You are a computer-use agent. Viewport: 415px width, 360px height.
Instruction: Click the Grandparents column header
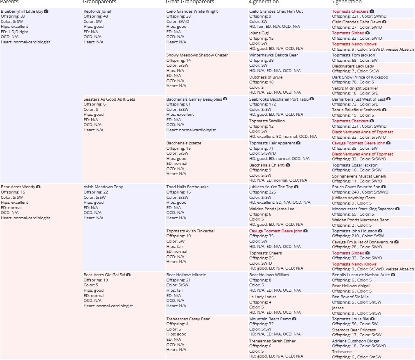coord(99,2)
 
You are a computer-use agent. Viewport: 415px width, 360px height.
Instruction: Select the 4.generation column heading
coord(264,2)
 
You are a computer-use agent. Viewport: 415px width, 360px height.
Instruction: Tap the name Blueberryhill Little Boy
coord(22,11)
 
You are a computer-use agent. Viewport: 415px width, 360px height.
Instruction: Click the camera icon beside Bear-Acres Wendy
coord(38,187)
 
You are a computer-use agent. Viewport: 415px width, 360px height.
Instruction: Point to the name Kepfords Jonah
coord(98,11)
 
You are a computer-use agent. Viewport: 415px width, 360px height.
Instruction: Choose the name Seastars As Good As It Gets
coord(109,99)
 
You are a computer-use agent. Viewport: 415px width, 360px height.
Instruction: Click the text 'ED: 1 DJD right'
coord(15,32)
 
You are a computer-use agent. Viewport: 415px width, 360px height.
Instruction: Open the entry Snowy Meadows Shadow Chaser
coord(197,55)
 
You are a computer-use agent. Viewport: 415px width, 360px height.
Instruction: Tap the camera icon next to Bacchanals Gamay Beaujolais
coord(225,99)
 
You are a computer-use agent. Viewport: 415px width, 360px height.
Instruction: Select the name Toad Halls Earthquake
coord(187,187)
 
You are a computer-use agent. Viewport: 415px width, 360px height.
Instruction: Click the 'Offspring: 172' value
coord(263,104)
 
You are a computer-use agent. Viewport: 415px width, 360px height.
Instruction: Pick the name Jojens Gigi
coord(259,33)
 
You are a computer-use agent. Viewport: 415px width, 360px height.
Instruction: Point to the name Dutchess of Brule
coord(266,77)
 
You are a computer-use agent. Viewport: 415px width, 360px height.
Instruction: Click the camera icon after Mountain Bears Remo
coord(294,319)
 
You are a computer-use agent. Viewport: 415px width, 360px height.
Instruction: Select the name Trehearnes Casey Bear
coord(188,319)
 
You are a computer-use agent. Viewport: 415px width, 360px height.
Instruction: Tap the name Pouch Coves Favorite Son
coord(356,187)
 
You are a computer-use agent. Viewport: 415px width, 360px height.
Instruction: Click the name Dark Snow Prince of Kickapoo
coord(360,77)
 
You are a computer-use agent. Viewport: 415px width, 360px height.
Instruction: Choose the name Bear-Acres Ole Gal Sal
coord(104,275)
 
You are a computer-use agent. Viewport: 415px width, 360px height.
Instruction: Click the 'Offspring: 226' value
coord(263,192)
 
